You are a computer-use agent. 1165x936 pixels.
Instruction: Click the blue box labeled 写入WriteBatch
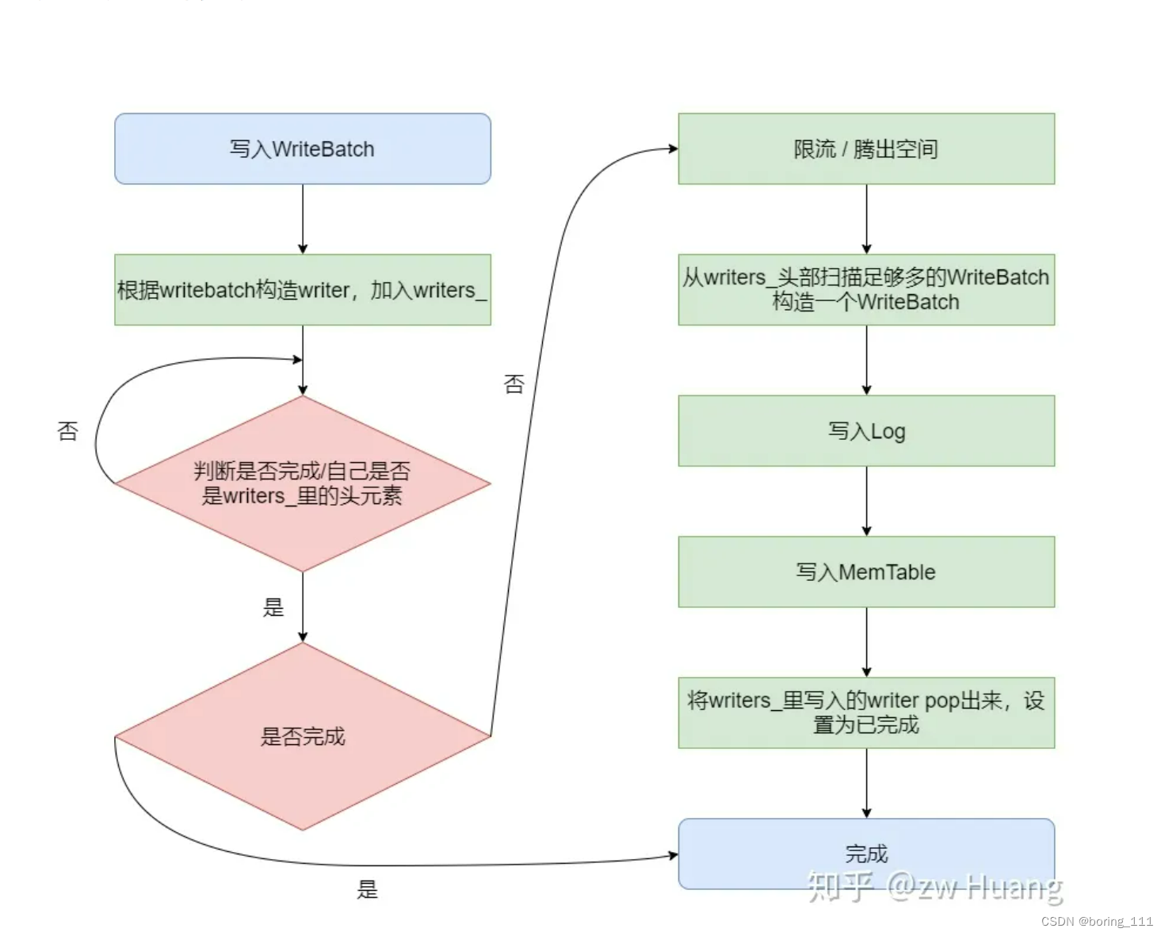click(302, 149)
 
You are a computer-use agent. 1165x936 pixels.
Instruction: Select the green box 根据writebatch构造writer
click(302, 290)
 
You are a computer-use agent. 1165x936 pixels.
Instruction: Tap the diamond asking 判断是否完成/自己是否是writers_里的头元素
click(302, 483)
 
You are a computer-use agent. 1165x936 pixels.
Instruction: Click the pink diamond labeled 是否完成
click(302, 736)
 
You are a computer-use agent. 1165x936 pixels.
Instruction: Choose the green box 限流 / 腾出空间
click(865, 149)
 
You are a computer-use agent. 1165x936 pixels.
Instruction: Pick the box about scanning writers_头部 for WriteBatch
click(865, 290)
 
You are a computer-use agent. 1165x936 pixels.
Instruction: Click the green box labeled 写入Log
click(865, 431)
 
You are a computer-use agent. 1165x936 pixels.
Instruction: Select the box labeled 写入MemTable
click(865, 572)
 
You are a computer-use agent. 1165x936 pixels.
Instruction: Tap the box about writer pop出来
click(865, 713)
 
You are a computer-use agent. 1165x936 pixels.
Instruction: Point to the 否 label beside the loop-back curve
click(68, 431)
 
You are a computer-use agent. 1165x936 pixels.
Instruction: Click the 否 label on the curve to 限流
click(514, 384)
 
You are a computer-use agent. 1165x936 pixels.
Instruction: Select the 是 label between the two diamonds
click(273, 608)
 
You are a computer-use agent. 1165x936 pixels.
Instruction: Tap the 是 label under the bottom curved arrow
click(367, 889)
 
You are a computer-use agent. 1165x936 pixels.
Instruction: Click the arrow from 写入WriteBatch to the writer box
click(302, 220)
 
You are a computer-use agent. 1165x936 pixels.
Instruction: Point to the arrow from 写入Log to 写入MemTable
click(866, 501)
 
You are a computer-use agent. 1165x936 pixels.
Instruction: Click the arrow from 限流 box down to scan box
click(866, 220)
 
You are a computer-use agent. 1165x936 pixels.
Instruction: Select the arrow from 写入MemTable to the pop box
click(866, 642)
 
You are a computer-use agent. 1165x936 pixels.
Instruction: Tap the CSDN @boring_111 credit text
click(1097, 921)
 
